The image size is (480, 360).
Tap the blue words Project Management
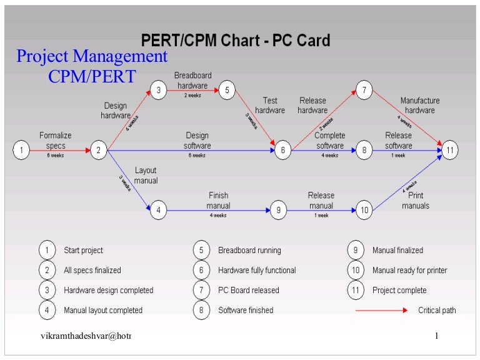(92, 57)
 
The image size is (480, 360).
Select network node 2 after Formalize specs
(99, 150)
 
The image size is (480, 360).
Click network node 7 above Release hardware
(364, 91)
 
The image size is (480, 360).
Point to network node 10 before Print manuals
(364, 210)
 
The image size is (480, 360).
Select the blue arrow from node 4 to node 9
(218, 210)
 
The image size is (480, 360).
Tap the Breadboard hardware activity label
(192, 81)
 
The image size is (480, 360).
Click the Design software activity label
(197, 141)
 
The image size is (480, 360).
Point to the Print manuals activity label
(416, 201)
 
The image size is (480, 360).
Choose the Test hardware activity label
(270, 106)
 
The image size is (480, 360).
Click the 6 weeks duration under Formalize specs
(56, 156)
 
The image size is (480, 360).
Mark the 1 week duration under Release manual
(321, 216)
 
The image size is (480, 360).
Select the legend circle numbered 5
(201, 250)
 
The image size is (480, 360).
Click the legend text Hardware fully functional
(257, 271)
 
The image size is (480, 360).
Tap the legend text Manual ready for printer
(409, 271)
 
